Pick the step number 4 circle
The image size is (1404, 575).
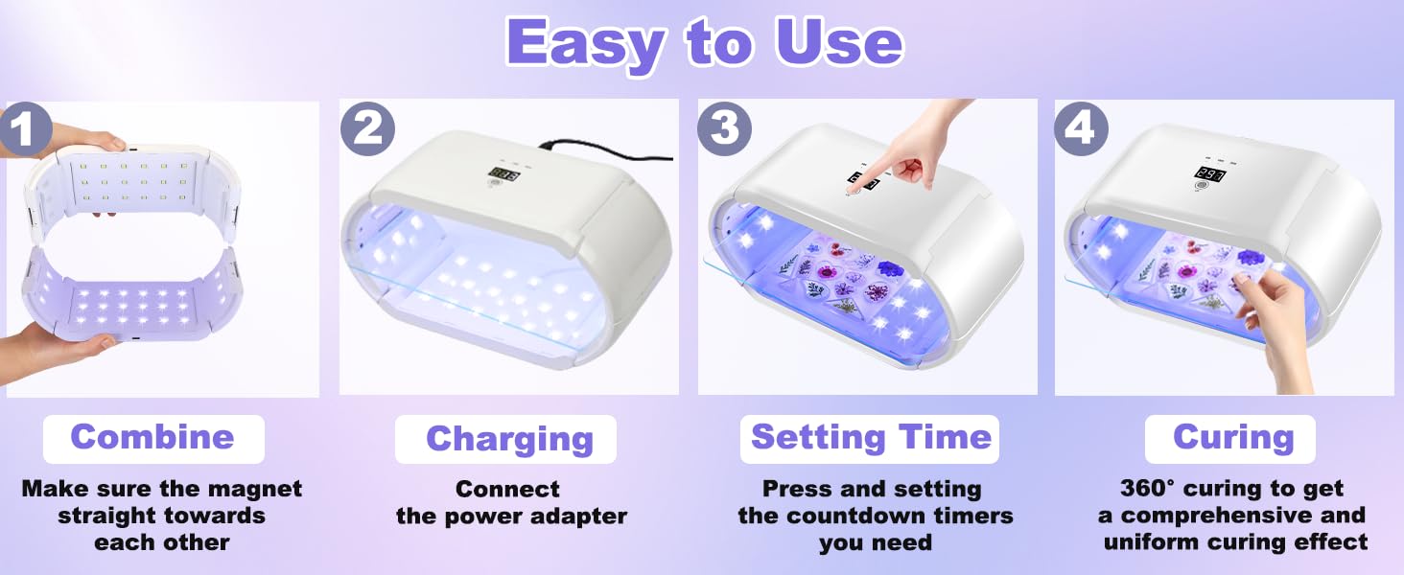[1081, 128]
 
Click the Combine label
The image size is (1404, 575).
[152, 437]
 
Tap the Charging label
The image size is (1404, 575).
[509, 439]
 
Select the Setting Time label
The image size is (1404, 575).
[871, 437]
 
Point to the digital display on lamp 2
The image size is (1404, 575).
[504, 175]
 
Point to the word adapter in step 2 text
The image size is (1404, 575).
[580, 517]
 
